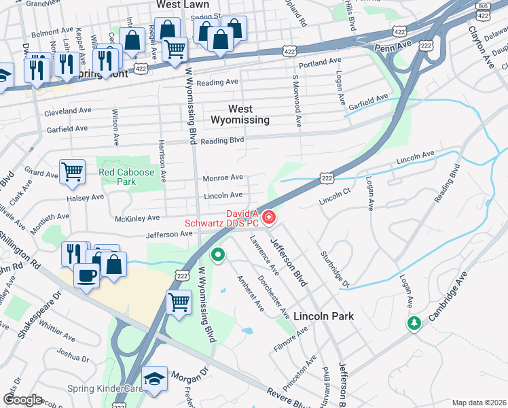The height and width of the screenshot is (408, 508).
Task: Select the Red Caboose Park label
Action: pyautogui.click(x=126, y=177)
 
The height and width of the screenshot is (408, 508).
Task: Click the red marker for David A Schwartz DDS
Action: pyautogui.click(x=269, y=218)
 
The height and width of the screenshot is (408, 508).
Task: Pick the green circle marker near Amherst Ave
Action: pyautogui.click(x=218, y=256)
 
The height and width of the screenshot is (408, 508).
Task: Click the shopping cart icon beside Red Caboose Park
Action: pyautogui.click(x=72, y=171)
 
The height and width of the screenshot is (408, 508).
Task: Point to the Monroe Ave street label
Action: pyautogui.click(x=223, y=178)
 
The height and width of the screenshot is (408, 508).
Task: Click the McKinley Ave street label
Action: pyautogui.click(x=137, y=218)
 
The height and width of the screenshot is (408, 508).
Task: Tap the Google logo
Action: pyautogui.click(x=22, y=400)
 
